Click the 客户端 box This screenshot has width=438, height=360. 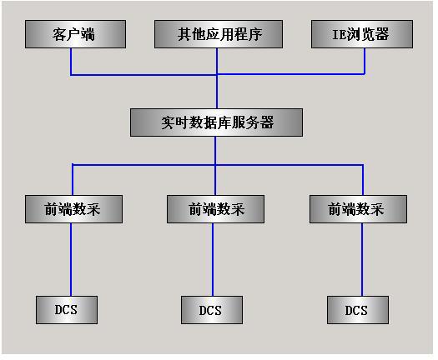[x=75, y=34]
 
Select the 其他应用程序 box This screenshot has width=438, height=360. [x=219, y=34]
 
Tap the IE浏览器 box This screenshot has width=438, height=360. [x=362, y=34]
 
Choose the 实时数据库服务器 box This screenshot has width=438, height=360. [x=216, y=122]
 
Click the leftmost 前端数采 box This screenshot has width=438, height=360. [x=73, y=209]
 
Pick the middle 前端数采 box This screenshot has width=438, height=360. [x=215, y=209]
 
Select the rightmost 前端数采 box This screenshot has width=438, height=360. [x=359, y=209]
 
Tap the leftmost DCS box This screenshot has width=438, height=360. [x=67, y=310]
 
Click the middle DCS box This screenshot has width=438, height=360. [x=212, y=310]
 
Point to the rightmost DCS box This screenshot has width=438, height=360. [x=358, y=310]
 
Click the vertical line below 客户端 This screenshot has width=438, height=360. [x=71, y=62]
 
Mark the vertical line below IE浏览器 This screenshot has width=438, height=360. [x=365, y=61]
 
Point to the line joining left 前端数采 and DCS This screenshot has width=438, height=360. [x=71, y=259]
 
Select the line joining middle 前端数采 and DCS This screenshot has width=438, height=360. [x=213, y=259]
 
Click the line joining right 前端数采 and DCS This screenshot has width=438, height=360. [x=362, y=259]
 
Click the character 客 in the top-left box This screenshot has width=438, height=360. [x=59, y=35]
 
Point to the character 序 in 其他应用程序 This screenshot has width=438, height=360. [x=255, y=35]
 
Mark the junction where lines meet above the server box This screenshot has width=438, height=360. [x=217, y=74]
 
